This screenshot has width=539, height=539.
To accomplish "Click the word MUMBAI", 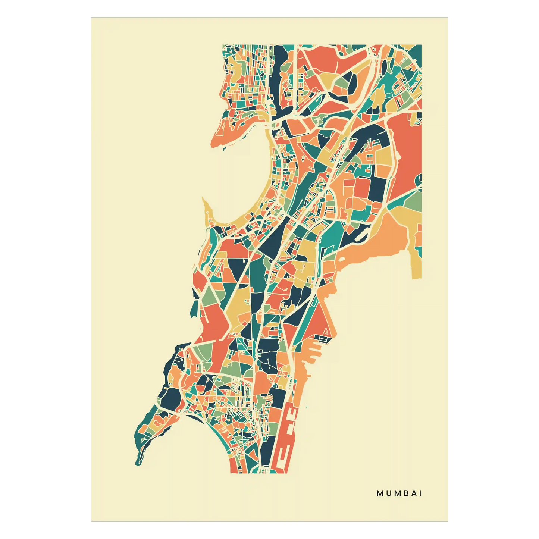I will coord(399,493).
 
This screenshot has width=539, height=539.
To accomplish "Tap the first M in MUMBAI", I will coord(380,493).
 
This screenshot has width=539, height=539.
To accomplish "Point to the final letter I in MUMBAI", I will coord(420,493).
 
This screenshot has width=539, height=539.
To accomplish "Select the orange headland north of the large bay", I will coord(224,134).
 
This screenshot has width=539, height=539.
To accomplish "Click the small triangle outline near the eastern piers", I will coord(326,332).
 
